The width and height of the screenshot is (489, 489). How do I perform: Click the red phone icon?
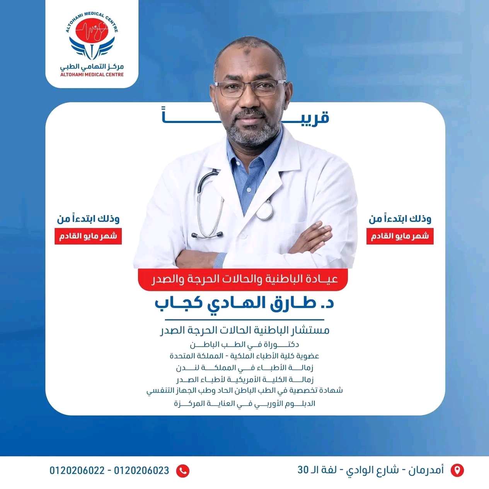183,471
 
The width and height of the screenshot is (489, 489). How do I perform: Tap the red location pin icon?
457,470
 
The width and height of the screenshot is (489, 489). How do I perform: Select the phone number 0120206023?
141,470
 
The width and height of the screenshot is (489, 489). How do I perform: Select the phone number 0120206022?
77,470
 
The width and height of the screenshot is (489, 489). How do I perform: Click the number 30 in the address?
303,470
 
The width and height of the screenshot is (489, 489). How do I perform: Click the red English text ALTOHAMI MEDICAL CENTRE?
92,74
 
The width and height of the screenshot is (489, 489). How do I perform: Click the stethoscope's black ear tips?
207,235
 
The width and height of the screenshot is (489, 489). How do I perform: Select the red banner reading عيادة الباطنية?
243,279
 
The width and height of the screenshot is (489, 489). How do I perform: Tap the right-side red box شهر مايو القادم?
400,236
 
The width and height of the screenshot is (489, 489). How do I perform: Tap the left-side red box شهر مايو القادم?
88,236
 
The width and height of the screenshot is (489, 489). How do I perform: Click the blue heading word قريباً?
245,116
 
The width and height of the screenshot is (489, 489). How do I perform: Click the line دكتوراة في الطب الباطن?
244,344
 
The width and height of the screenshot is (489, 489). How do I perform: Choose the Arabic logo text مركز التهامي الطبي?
92,66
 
